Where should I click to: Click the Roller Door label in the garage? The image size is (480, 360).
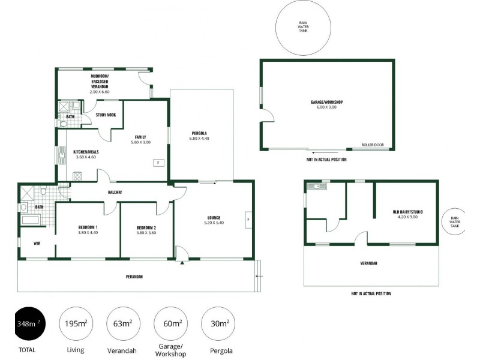click(x=372, y=145)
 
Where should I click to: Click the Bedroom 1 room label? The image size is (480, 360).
click(x=88, y=227)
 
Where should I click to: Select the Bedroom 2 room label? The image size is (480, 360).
click(x=146, y=227)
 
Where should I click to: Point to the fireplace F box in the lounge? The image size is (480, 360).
click(x=248, y=219)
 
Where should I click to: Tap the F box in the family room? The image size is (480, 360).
click(x=158, y=163)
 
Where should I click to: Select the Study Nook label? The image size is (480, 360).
click(x=106, y=115)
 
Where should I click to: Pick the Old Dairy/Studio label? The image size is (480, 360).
click(x=404, y=211)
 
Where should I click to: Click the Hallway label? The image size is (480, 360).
click(x=115, y=192)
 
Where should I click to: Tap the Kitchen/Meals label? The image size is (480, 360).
click(x=86, y=152)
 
